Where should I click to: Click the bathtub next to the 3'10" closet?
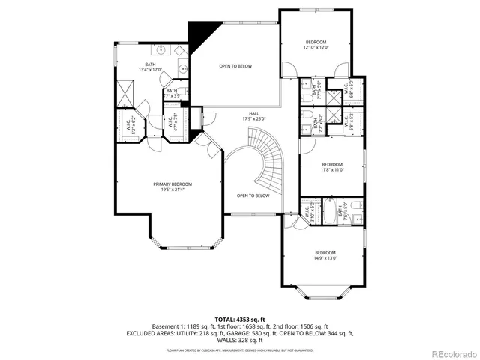pos(328,212)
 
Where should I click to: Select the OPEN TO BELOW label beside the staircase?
pos(253,196)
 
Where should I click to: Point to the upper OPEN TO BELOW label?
pos(235,66)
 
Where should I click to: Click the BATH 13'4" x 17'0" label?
pos(150,67)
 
